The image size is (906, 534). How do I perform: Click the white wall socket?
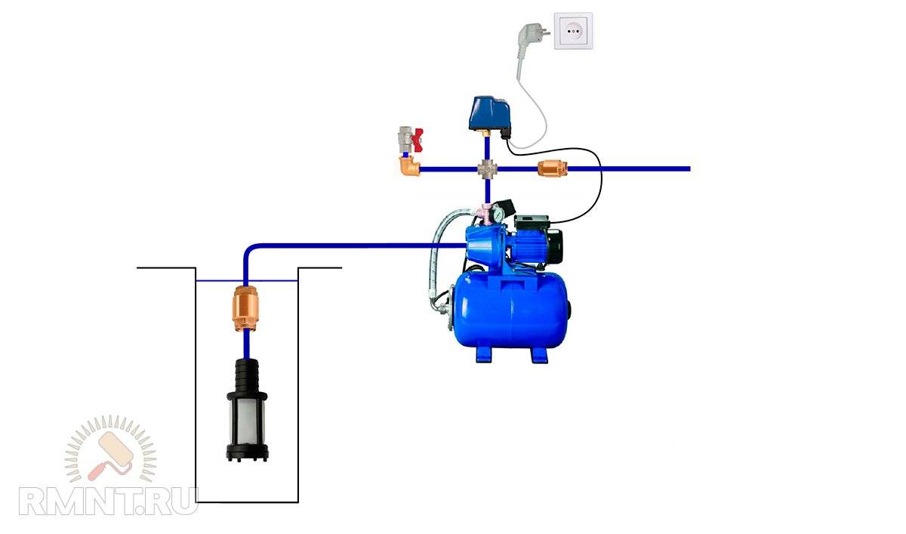click(574, 31)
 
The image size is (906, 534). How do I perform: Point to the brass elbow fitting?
click(410, 165)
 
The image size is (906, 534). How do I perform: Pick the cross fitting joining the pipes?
click(486, 168)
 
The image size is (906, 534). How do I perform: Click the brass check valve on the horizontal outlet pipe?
click(549, 168)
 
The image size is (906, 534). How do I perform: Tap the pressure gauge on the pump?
click(498, 215)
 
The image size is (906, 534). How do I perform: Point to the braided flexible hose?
click(436, 257)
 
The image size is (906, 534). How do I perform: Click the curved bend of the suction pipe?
click(250, 250)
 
